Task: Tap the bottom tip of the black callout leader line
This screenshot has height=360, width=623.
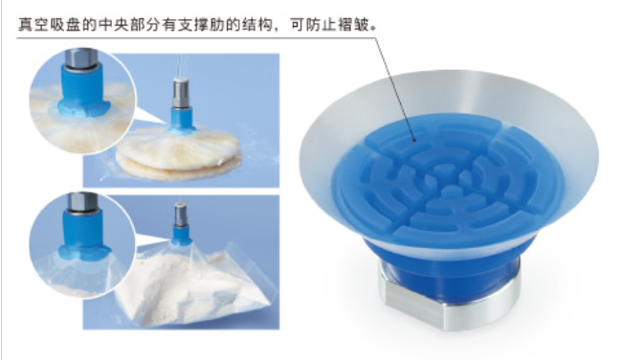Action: click(x=414, y=141)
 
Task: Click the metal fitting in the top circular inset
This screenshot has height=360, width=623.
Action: click(x=81, y=60)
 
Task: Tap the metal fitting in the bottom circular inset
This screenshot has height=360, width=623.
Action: click(x=82, y=203)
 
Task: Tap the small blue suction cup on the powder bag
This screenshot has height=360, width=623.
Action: click(x=181, y=236)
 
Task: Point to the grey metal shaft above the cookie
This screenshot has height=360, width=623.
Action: click(x=180, y=93)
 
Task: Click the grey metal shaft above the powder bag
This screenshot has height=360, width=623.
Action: click(x=180, y=215)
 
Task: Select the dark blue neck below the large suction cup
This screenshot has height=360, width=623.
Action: click(x=449, y=262)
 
